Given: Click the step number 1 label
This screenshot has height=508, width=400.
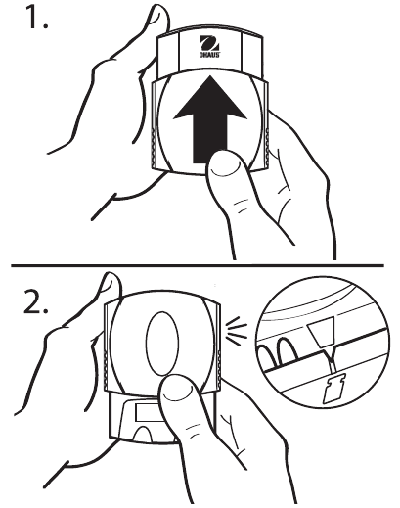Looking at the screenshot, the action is pos(37,16).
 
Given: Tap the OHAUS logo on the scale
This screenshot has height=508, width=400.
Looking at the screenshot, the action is pos(209,46).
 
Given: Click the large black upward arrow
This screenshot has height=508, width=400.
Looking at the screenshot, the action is pos(209,119).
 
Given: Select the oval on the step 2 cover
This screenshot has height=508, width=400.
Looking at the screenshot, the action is pos(162,344).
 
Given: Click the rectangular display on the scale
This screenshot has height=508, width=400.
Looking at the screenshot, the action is pos(148,413).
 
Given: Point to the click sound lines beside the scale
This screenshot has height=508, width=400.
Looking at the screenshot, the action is pos(236,331).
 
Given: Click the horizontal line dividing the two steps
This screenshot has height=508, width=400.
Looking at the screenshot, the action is pos(198,266).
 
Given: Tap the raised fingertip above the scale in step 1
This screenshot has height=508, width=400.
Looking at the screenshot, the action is pos(158,18).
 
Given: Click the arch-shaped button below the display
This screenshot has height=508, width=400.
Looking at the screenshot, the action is pos(143,434).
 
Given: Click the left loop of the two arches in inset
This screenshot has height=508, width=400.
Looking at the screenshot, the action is pos(267,356).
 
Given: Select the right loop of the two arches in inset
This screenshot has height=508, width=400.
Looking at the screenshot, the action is pos(288,349).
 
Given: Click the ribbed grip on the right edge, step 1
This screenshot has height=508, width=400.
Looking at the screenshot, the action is pos(267,147).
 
